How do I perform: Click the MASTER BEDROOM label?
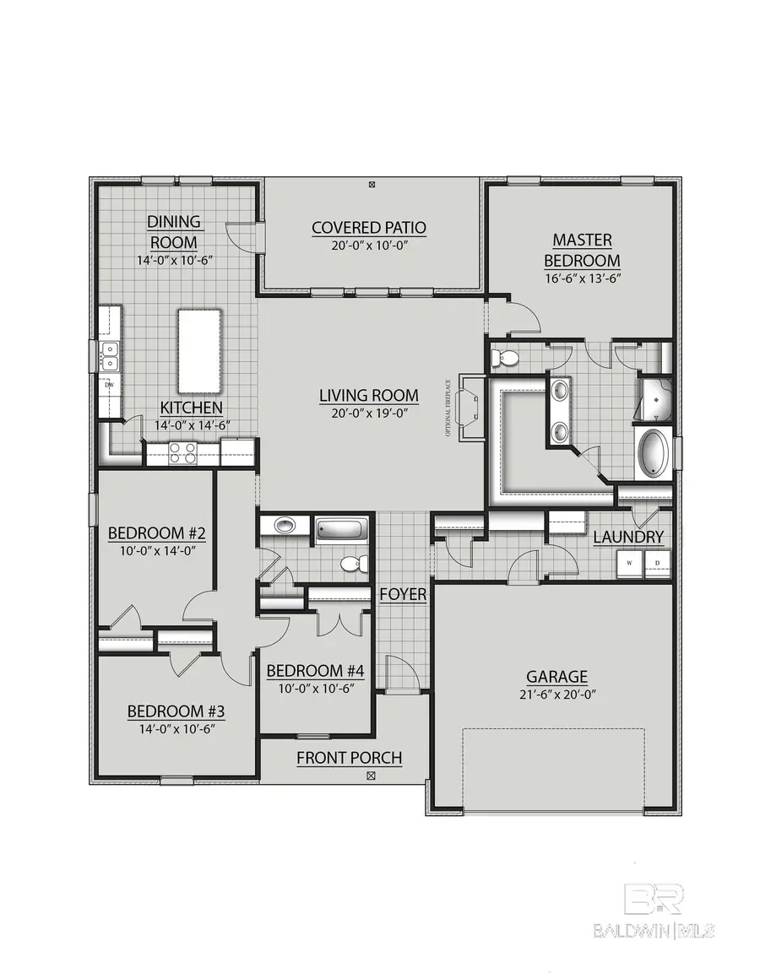click(582, 251)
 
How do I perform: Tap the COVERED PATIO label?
click(369, 227)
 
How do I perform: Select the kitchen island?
click(199, 350)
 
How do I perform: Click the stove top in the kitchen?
click(182, 453)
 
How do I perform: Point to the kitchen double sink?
click(109, 356)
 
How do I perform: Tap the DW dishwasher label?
click(109, 386)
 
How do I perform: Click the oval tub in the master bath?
click(654, 455)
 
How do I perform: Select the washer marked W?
click(630, 563)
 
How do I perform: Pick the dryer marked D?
click(657, 563)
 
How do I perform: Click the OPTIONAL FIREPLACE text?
click(449, 408)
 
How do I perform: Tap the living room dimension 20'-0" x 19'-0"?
click(369, 414)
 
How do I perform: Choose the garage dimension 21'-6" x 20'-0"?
click(556, 695)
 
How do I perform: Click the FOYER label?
click(403, 594)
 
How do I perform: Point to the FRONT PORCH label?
click(349, 758)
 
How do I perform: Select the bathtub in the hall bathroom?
click(342, 532)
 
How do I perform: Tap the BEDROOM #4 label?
click(315, 671)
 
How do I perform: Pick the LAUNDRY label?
click(628, 537)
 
